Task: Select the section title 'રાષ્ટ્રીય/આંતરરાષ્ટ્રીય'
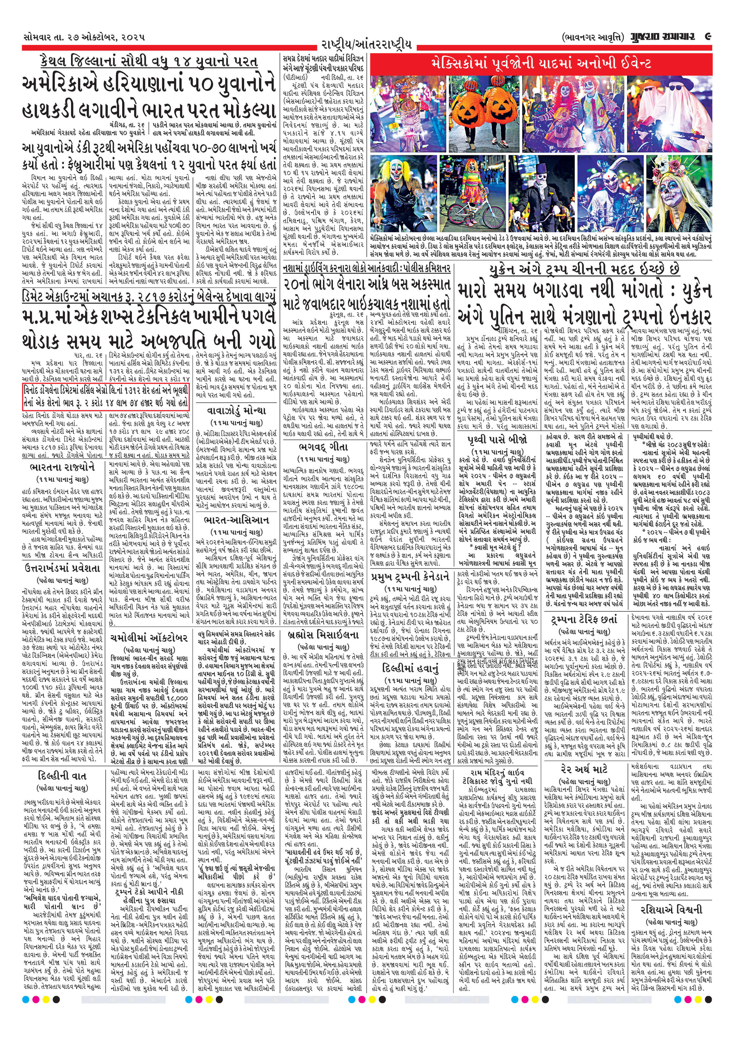[366, 45]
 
